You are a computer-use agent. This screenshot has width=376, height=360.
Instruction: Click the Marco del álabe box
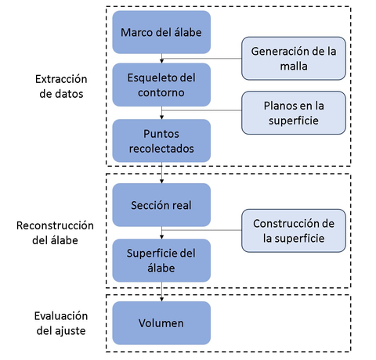click(x=161, y=32)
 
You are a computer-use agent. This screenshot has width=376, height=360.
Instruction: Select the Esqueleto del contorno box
click(x=161, y=85)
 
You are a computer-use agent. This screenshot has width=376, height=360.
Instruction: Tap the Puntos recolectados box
click(x=161, y=140)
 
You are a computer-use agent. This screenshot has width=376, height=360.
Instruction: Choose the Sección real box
click(x=161, y=204)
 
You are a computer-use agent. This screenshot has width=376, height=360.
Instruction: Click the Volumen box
click(x=161, y=323)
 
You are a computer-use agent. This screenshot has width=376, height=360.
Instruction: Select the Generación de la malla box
click(x=294, y=59)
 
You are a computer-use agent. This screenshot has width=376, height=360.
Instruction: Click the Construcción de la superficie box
click(x=294, y=231)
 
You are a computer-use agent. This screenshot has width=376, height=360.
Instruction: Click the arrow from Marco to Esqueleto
click(x=161, y=59)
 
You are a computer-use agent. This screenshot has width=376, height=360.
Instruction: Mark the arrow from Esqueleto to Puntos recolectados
click(x=161, y=113)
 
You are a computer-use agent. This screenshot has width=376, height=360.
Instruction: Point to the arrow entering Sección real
click(x=161, y=174)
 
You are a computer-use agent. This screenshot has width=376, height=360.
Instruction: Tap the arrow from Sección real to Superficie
click(x=161, y=232)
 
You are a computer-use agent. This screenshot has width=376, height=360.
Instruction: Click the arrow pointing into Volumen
click(x=161, y=293)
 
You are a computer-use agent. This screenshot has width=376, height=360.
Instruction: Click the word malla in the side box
click(x=294, y=67)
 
